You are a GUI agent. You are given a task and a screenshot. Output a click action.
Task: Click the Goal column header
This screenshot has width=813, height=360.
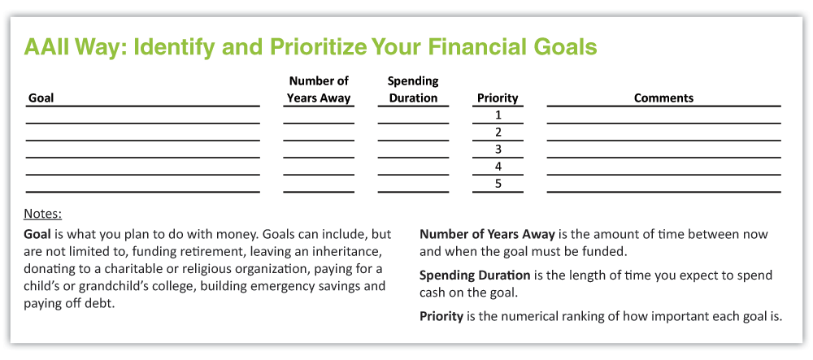[x=41, y=98]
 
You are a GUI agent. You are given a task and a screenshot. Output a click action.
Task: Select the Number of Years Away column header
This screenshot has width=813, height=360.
[x=319, y=89]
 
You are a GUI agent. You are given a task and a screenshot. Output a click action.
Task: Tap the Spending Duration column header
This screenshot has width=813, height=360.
[x=413, y=89]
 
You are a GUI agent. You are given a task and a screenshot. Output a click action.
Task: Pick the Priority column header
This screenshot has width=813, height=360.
[x=498, y=98]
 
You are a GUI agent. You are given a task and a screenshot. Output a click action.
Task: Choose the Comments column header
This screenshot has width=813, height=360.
[x=663, y=98]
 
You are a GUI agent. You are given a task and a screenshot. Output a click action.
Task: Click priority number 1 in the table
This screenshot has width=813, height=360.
[x=498, y=115]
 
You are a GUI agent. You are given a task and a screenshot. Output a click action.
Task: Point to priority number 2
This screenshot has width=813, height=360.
[x=498, y=132]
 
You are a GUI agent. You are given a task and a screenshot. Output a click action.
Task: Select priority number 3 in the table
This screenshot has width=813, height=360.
[x=498, y=150]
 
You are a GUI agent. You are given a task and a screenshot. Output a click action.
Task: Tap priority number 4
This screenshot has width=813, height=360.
[x=498, y=167]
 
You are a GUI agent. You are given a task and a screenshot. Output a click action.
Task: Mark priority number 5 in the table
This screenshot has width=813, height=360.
[x=498, y=184]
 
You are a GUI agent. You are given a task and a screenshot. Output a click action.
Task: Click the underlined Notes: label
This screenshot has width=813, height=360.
[x=43, y=214]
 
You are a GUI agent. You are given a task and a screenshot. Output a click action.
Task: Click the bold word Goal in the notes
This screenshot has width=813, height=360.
[x=37, y=233]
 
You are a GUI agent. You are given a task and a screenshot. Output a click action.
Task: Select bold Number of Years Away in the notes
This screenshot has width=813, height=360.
[x=487, y=234]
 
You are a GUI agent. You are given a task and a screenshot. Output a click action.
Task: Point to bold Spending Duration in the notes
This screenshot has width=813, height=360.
[x=475, y=275]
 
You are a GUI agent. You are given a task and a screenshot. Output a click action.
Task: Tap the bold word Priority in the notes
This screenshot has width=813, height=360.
[x=441, y=316]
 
